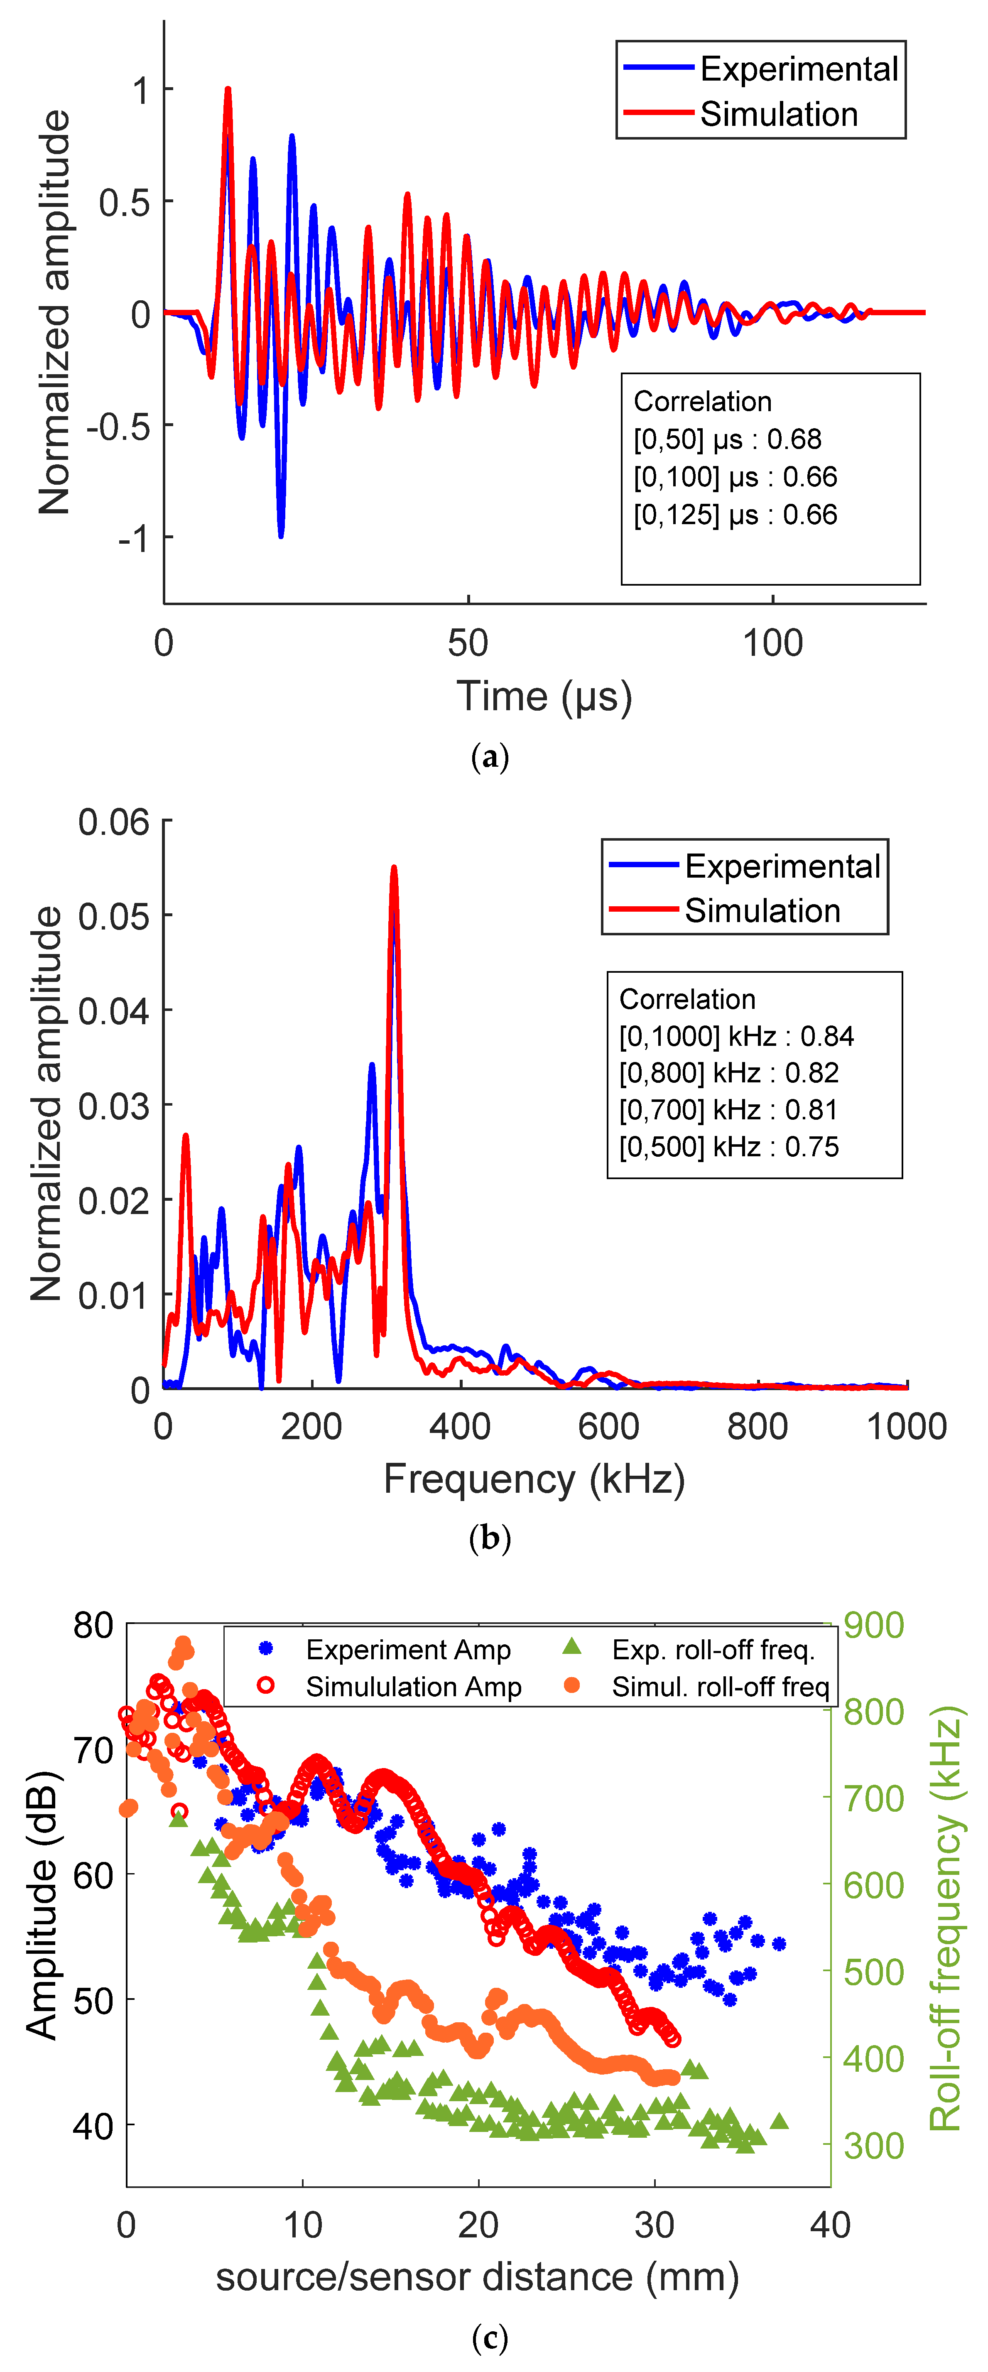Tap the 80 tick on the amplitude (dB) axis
point(93,1626)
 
